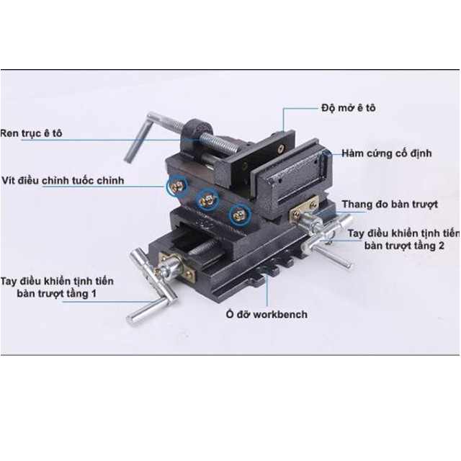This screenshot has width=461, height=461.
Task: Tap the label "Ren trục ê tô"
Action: pyautogui.click(x=30, y=133)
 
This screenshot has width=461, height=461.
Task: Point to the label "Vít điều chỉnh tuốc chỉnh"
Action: pyautogui.click(x=63, y=180)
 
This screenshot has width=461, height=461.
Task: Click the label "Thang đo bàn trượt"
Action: pyautogui.click(x=390, y=205)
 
